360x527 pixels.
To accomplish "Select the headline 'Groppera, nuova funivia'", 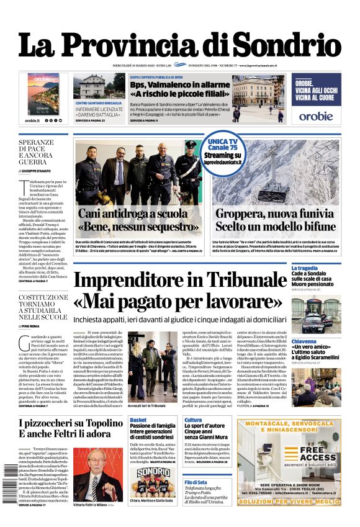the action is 272,213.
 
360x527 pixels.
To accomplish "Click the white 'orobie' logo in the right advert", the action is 315,115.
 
